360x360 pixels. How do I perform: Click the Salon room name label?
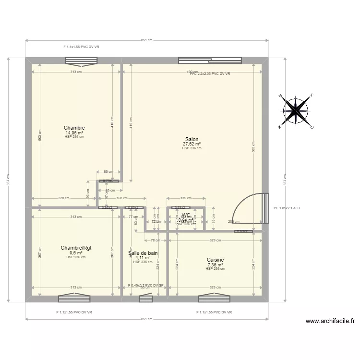192,139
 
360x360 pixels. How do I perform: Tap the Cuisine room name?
215,260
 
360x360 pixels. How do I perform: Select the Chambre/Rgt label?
76,248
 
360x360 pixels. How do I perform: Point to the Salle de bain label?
143,252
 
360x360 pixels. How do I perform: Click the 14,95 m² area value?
74,132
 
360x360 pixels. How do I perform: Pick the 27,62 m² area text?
192,144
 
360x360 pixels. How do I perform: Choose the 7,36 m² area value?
215,264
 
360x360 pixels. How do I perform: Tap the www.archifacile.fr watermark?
330,322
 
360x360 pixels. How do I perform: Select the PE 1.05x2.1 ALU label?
287,208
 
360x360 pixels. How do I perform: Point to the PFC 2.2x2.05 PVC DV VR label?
210,74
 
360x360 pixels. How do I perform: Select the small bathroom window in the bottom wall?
146,299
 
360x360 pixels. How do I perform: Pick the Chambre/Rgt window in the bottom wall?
74,299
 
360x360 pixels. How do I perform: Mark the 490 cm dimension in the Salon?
192,72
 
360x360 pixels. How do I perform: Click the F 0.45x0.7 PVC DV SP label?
146,285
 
